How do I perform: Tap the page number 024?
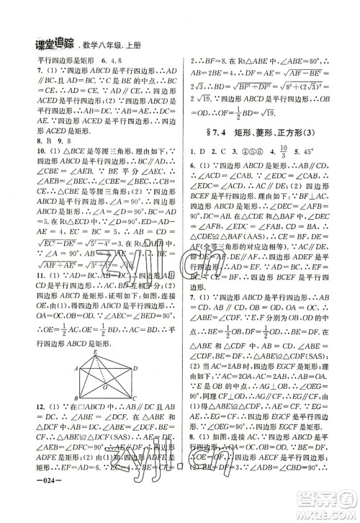(27, 505)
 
